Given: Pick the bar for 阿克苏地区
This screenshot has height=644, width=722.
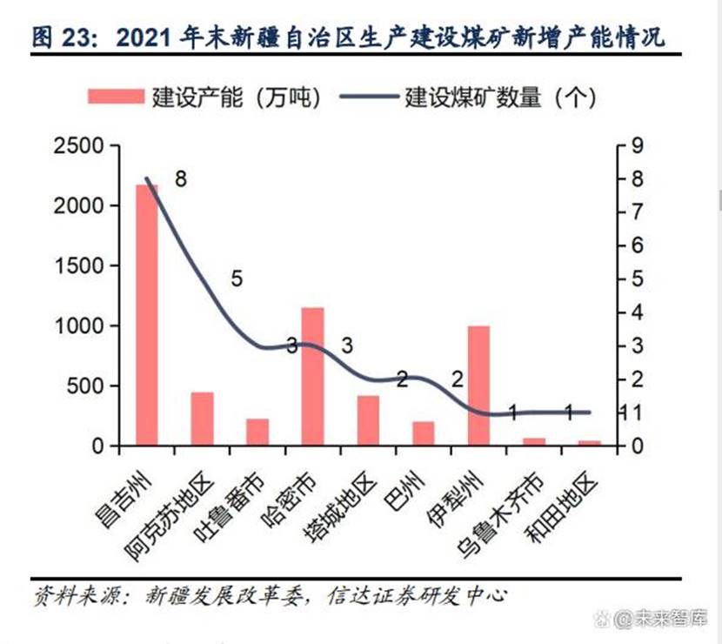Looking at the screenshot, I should pyautogui.click(x=202, y=419).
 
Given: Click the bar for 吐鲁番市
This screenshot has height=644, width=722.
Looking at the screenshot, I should pyautogui.click(x=257, y=432).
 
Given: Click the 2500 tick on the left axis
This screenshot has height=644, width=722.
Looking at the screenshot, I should pyautogui.click(x=79, y=145).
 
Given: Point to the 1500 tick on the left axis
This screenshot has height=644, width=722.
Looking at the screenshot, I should pyautogui.click(x=79, y=265).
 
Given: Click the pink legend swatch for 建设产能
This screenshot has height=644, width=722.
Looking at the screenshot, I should pyautogui.click(x=116, y=96).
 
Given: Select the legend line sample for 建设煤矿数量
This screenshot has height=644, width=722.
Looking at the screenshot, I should pyautogui.click(x=365, y=96).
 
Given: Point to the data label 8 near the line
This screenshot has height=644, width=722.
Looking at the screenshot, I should pyautogui.click(x=180, y=178).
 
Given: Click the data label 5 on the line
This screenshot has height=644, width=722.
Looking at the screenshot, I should pyautogui.click(x=237, y=278).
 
